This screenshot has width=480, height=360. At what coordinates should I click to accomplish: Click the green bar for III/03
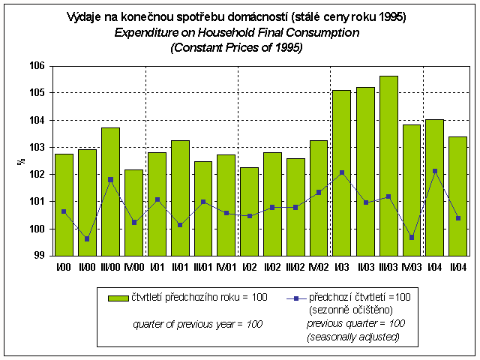(388, 166)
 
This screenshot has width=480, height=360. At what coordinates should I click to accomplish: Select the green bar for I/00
(64, 205)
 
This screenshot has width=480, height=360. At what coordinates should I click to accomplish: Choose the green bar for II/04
(457, 196)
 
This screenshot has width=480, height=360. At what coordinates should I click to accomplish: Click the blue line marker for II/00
(87, 238)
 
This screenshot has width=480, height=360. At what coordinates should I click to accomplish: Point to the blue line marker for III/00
(110, 179)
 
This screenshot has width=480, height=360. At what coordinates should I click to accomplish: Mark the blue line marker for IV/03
(411, 237)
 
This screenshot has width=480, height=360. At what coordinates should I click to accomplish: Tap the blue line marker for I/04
(434, 171)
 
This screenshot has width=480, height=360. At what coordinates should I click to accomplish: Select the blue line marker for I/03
(341, 172)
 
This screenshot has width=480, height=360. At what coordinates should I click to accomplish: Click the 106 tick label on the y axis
(37, 66)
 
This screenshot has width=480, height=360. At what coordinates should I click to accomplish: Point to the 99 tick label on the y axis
(39, 256)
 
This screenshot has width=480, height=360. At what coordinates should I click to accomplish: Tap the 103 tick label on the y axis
(37, 147)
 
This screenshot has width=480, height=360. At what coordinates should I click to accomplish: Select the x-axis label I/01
(156, 267)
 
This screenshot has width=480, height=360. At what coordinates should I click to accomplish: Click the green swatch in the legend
(118, 298)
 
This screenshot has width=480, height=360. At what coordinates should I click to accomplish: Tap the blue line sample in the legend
(297, 298)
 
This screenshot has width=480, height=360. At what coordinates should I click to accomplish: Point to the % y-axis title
(21, 160)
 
